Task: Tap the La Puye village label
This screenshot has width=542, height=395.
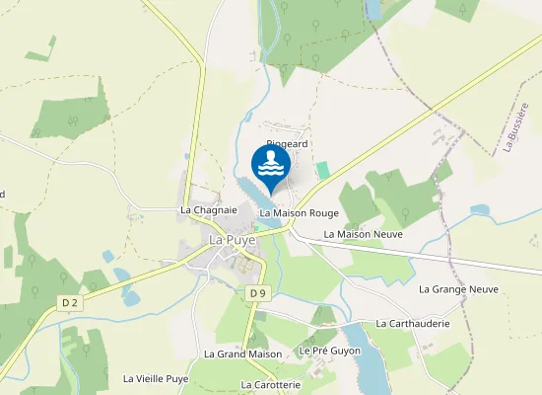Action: tap(233, 239)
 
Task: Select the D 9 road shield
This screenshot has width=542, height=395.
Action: tap(257, 293)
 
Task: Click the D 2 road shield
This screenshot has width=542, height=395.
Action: tap(68, 303)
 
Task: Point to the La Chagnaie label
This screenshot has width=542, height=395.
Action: tap(209, 210)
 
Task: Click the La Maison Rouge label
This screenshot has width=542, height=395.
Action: tap(299, 213)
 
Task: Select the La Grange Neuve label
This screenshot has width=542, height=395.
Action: tap(458, 289)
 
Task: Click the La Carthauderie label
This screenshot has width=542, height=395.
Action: tap(412, 324)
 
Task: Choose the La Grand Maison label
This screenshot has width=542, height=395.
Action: tap(242, 354)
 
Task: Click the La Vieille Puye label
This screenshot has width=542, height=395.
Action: tap(156, 378)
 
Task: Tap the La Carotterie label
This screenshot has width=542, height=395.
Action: tap(270, 384)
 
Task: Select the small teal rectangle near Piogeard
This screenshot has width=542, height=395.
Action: tap(322, 170)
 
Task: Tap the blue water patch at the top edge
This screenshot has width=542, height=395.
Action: tap(373, 9)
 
